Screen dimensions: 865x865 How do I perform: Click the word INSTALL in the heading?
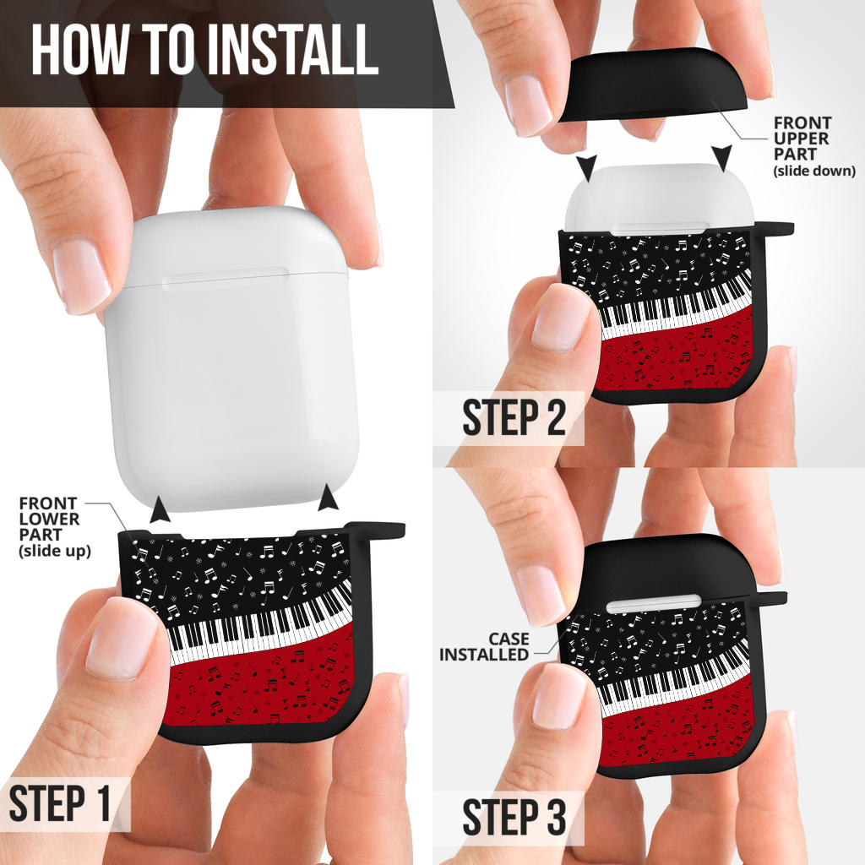(x=293, y=49)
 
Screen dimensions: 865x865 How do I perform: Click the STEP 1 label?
(x=60, y=803)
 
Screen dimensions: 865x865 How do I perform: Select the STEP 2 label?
(x=514, y=417)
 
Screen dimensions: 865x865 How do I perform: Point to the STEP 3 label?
(x=514, y=817)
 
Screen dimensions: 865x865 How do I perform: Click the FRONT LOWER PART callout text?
(x=54, y=527)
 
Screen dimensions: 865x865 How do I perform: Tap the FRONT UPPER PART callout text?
(x=814, y=146)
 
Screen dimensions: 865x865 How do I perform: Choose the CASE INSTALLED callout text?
(x=484, y=646)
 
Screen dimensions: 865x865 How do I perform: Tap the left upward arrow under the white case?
(x=160, y=509)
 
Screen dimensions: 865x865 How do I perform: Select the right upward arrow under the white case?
(x=329, y=497)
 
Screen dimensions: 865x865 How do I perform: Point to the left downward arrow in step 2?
(x=587, y=168)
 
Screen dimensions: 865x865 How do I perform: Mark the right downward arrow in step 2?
(x=721, y=156)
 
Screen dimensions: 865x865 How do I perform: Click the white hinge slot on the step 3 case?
(x=653, y=603)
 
